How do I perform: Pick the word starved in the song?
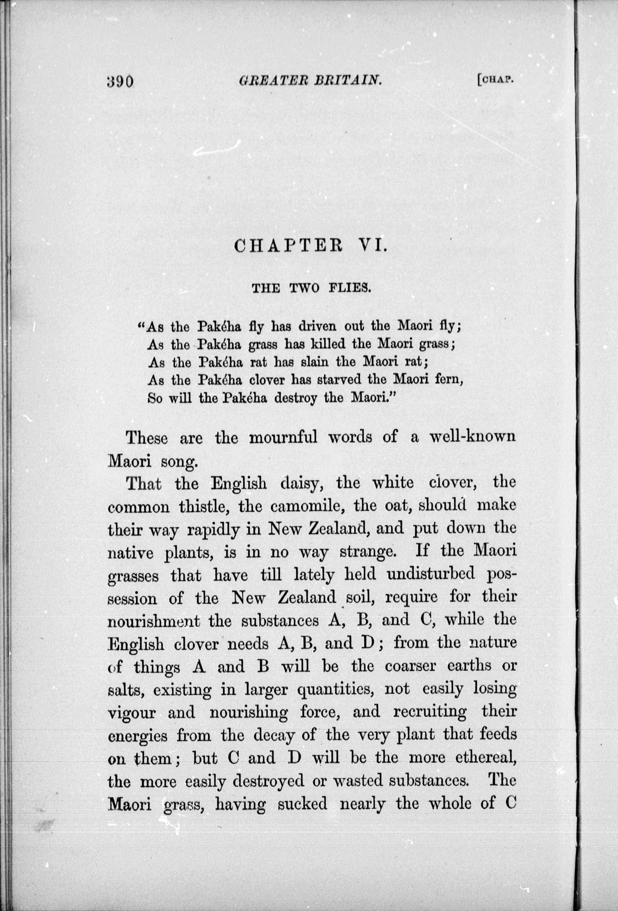344,380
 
